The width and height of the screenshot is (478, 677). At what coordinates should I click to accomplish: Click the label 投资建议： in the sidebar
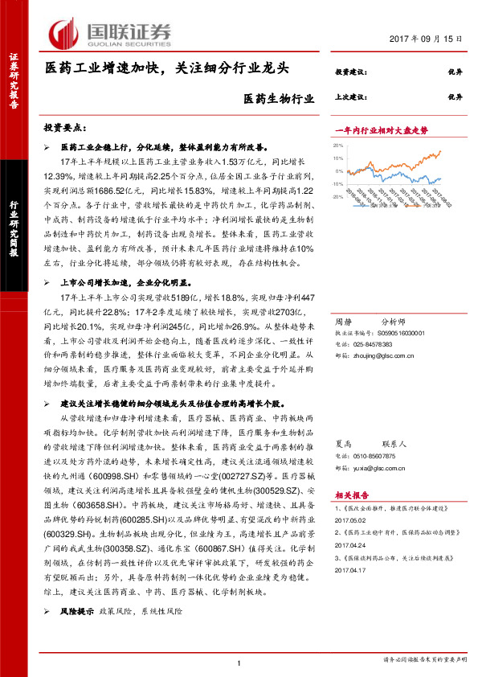coord(350,72)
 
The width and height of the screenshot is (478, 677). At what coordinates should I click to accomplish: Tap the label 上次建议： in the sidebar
coord(350,96)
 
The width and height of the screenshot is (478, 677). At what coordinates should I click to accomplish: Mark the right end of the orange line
coord(441,150)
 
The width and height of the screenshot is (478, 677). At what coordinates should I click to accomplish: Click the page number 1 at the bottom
coord(239,663)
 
